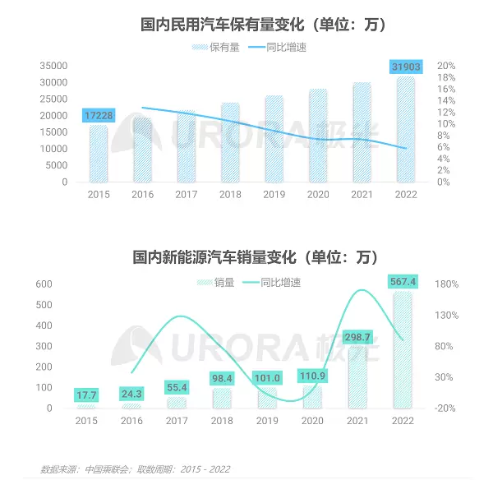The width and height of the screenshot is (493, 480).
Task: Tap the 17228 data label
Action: click(x=99, y=116)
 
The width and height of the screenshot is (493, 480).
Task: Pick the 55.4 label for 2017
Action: click(x=177, y=387)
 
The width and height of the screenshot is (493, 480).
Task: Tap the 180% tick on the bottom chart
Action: click(x=447, y=284)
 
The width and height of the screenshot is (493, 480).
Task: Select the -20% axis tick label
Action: click(x=447, y=408)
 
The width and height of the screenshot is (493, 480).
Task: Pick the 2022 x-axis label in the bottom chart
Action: click(x=405, y=420)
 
